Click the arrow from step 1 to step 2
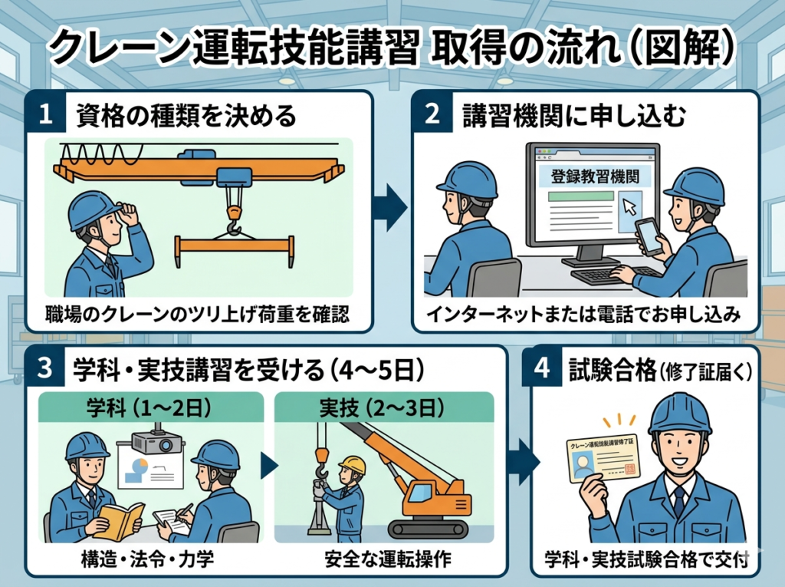(x=391, y=206)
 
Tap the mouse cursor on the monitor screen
(x=629, y=206)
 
